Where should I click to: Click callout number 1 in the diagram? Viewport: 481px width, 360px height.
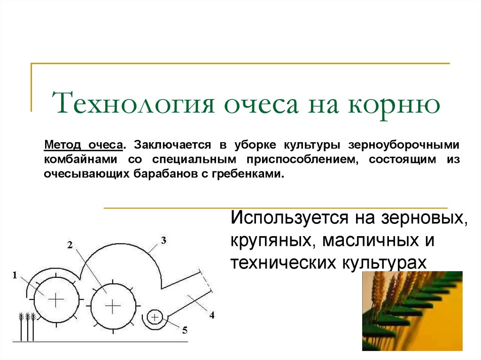tap(15, 275)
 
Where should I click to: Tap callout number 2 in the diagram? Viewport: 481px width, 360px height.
tap(70, 244)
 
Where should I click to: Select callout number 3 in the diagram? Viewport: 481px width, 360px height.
tap(163, 241)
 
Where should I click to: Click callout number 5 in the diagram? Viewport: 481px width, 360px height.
tap(185, 330)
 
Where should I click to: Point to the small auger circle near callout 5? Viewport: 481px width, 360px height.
tap(154, 318)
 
